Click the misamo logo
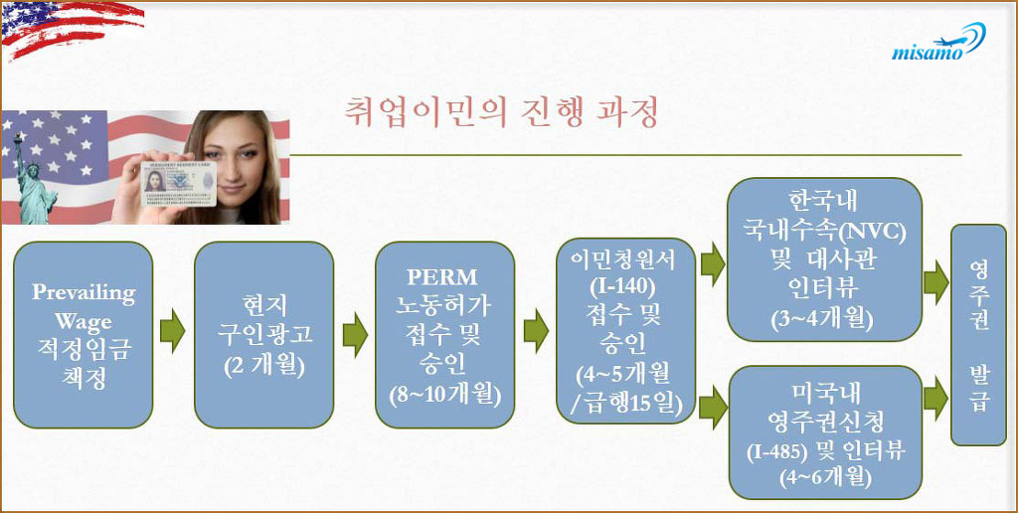click(938, 42)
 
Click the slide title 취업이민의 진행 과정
click(502, 111)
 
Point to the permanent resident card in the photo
click(179, 183)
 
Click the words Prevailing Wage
click(84, 306)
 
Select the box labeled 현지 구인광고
click(264, 334)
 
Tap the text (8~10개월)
click(445, 396)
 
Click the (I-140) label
click(623, 286)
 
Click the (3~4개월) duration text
click(824, 319)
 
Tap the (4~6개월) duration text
click(825, 477)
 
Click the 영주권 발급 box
click(978, 334)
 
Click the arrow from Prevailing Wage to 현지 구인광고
click(173, 331)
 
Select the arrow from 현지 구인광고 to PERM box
click(355, 334)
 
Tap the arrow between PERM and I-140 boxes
click(536, 331)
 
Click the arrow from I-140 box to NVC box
click(713, 263)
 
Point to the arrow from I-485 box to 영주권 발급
click(935, 399)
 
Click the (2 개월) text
click(264, 366)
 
